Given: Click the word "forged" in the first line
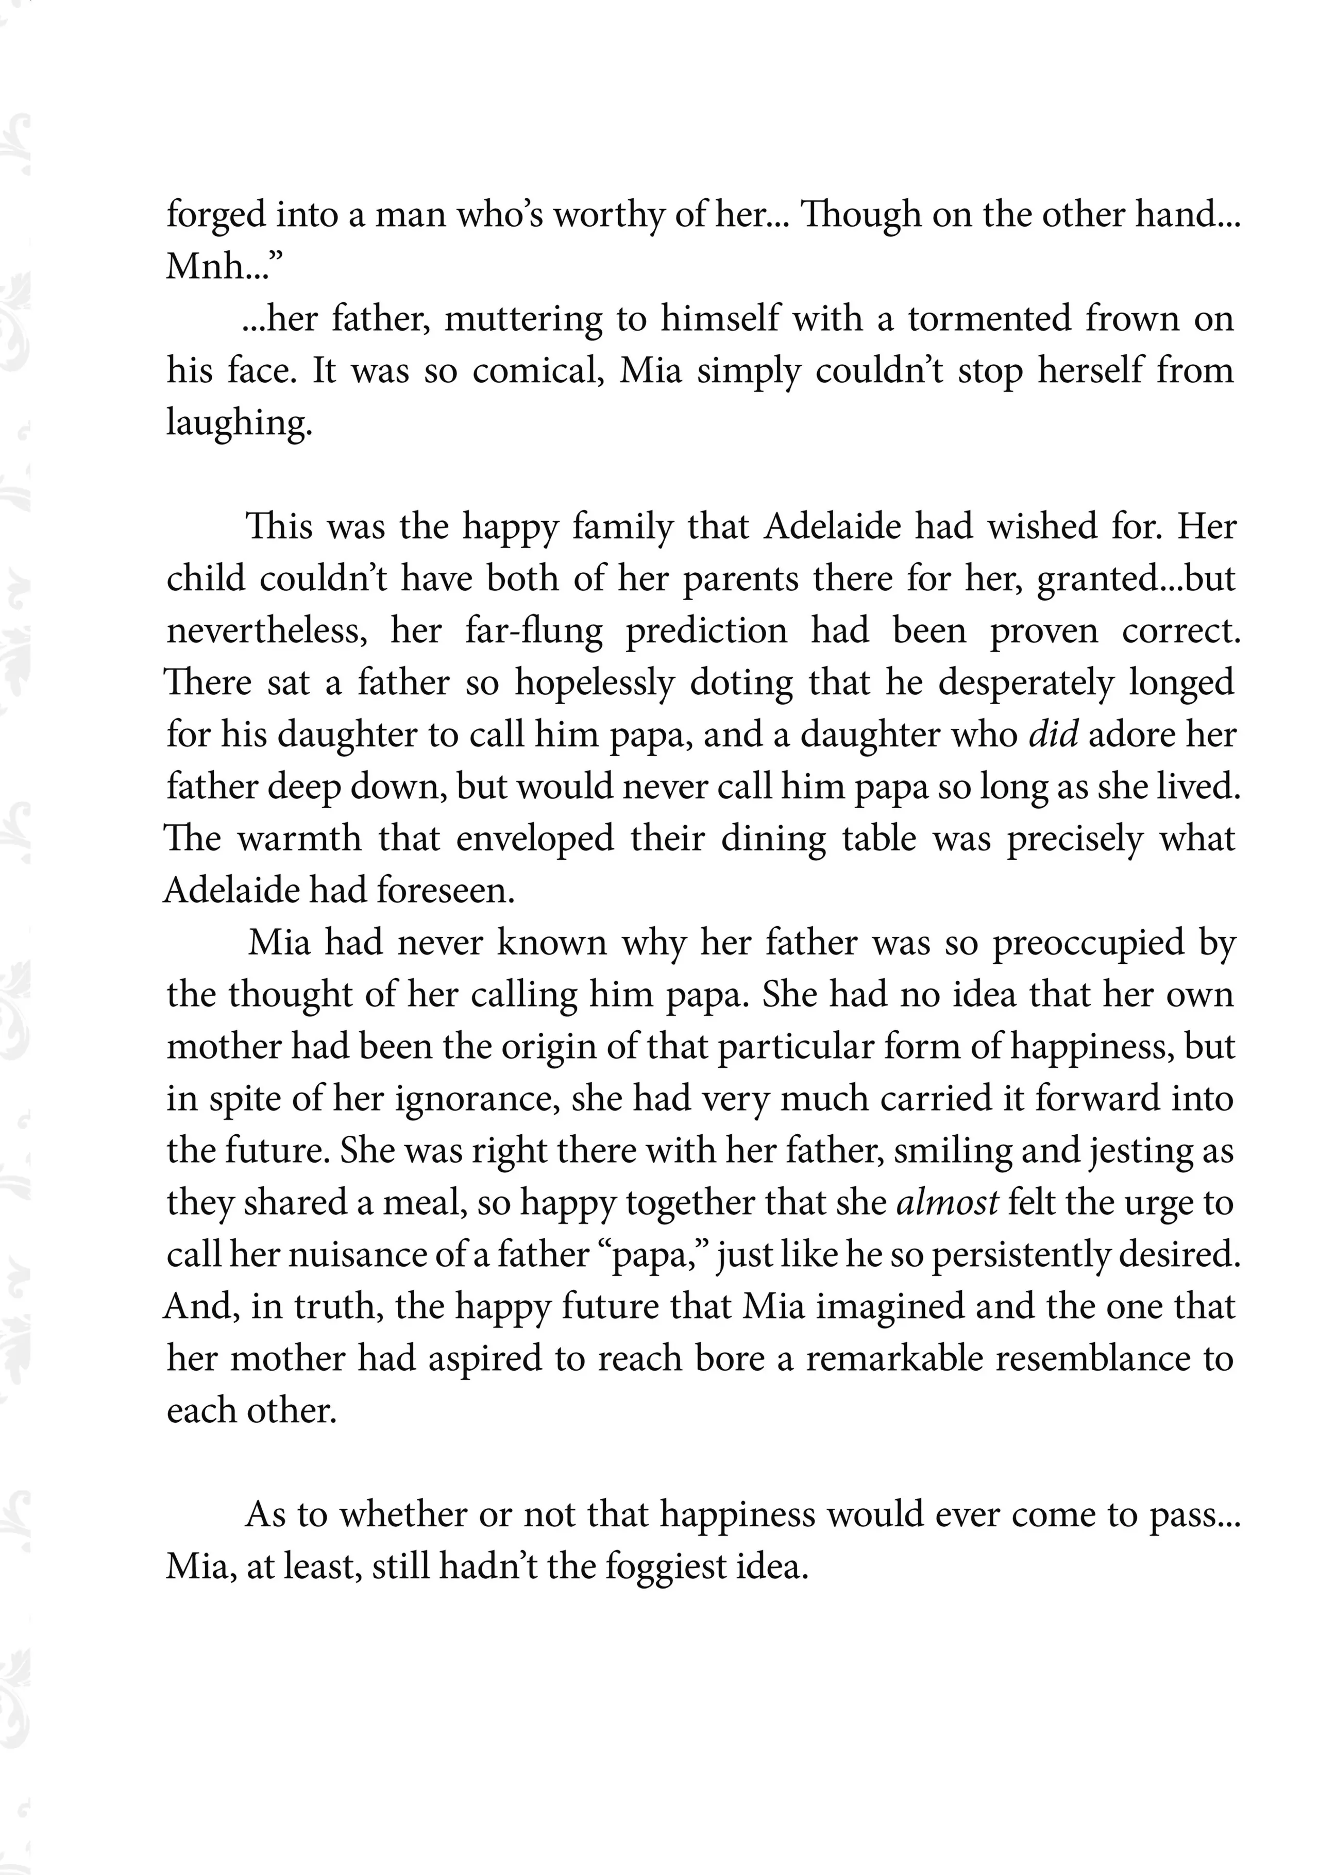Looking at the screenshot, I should tap(215, 216).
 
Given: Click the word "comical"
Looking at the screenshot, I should tap(538, 371).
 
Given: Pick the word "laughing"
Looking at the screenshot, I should tap(239, 423).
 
